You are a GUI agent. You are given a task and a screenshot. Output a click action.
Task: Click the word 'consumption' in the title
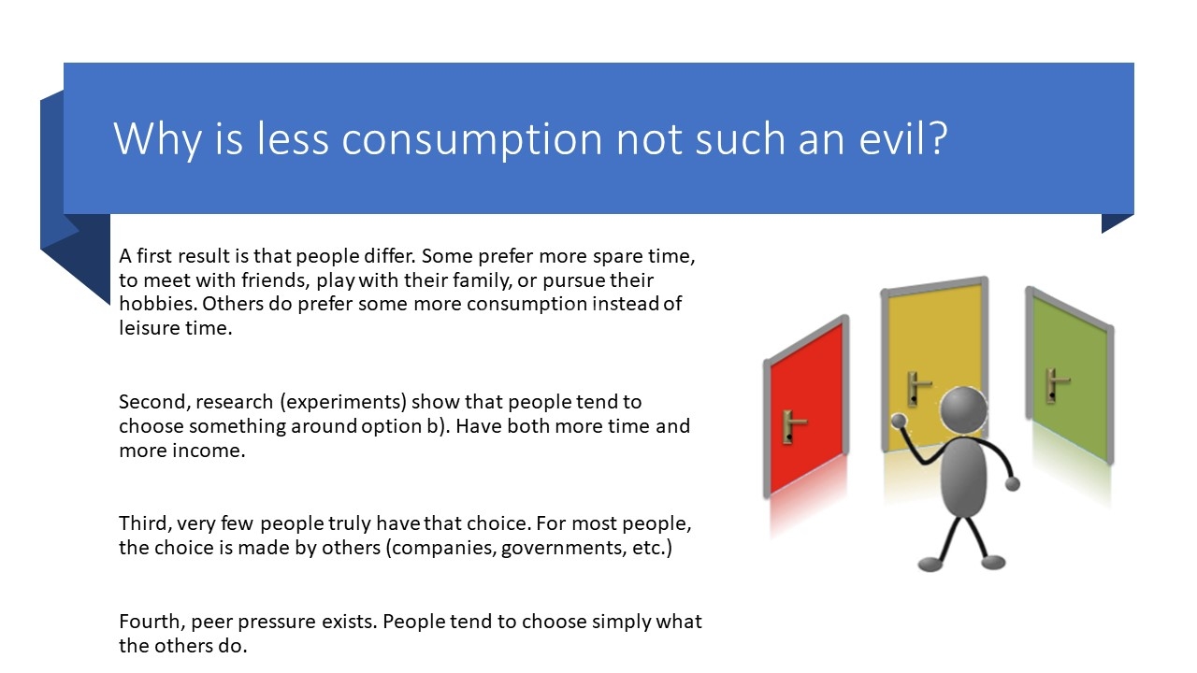(472, 139)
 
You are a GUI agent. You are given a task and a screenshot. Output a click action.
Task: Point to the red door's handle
(791, 426)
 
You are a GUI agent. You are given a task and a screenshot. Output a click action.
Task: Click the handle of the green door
(1056, 384)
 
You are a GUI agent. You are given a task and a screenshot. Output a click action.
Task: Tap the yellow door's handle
(917, 388)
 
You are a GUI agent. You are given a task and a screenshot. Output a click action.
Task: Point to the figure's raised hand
(899, 421)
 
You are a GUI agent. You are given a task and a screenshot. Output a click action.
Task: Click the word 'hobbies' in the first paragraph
(158, 304)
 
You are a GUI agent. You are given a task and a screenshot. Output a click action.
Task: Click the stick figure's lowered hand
(1013, 484)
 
